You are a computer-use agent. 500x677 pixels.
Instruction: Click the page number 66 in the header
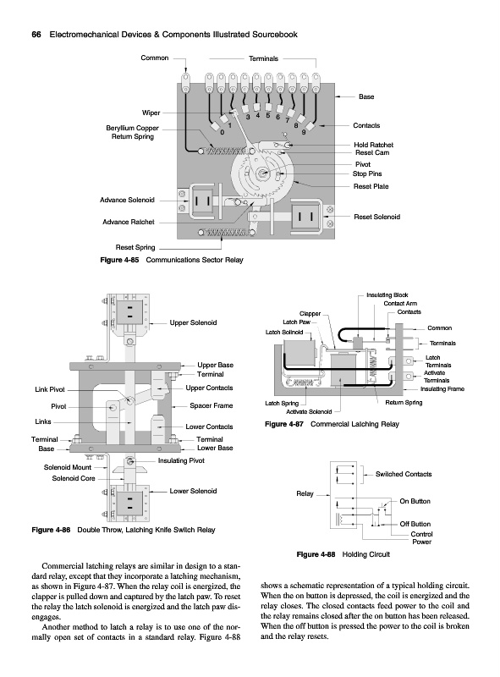36,35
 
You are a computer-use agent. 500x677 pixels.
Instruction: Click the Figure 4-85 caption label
119,260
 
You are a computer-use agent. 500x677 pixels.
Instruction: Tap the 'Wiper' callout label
151,113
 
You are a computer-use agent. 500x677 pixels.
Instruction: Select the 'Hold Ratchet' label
373,145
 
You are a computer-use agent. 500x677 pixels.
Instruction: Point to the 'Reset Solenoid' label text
377,217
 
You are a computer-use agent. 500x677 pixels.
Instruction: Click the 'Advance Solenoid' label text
127,200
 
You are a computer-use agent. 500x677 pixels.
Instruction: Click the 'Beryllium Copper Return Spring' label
133,132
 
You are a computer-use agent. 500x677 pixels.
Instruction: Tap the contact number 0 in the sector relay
223,132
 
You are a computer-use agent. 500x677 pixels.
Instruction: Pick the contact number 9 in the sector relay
304,132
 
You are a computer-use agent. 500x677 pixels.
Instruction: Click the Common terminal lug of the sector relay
185,83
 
